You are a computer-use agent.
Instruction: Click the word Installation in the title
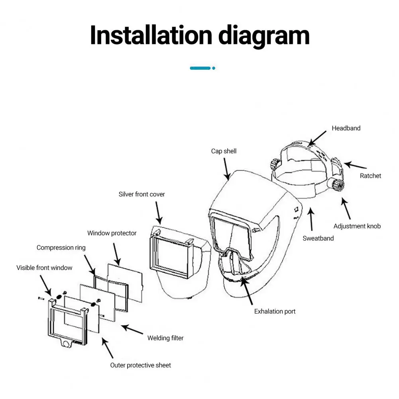click(x=151, y=35)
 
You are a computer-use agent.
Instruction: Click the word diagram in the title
click(x=264, y=36)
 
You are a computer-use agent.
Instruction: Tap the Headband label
click(x=346, y=128)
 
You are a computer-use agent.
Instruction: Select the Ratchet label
click(x=370, y=176)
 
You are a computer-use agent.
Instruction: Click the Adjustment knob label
click(x=357, y=226)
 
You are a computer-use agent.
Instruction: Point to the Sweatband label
click(x=318, y=238)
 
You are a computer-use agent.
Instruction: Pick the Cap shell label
click(x=224, y=151)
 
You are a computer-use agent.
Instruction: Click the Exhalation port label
click(x=275, y=311)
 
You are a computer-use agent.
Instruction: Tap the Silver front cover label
click(x=142, y=195)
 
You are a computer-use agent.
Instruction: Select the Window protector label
click(x=112, y=233)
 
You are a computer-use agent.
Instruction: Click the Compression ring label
click(x=61, y=248)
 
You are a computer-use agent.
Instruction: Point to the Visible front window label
click(x=44, y=268)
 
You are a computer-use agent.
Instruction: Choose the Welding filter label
click(x=165, y=338)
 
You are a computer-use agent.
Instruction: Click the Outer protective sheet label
click(x=140, y=366)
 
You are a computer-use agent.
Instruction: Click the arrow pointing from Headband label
click(x=317, y=138)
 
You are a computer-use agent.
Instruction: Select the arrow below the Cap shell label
click(x=226, y=169)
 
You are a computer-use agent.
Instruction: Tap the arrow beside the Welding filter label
click(x=132, y=329)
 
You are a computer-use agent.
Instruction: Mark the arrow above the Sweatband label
click(x=311, y=219)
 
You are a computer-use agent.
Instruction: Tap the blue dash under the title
click(x=200, y=68)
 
